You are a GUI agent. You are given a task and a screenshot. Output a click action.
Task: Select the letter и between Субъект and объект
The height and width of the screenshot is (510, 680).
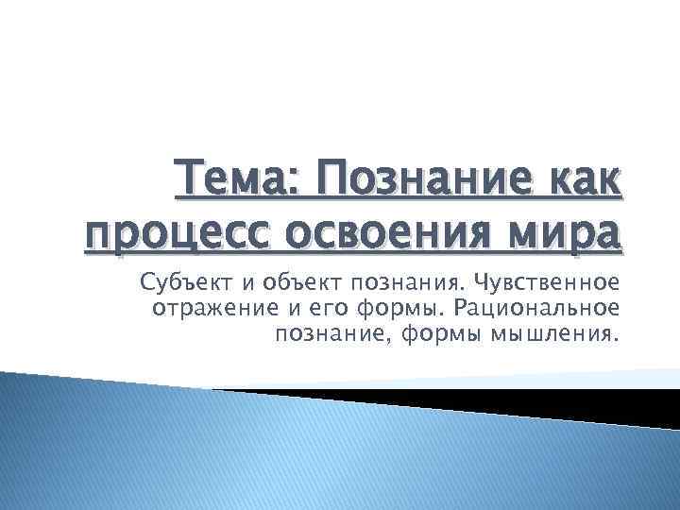point(240,283)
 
